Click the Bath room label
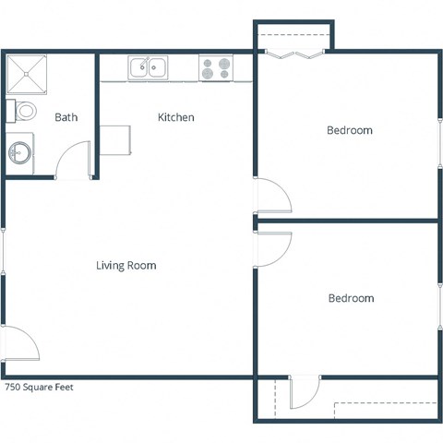tap(66, 117)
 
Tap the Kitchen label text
tap(175, 117)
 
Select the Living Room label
tap(126, 266)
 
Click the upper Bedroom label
tap(350, 131)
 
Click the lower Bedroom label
tap(351, 299)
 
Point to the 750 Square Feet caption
tap(39, 388)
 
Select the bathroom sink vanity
tap(20, 150)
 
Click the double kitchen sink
tap(148, 67)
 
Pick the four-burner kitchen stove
tap(216, 67)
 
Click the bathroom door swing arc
tap(72, 162)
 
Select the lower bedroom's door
tap(274, 247)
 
